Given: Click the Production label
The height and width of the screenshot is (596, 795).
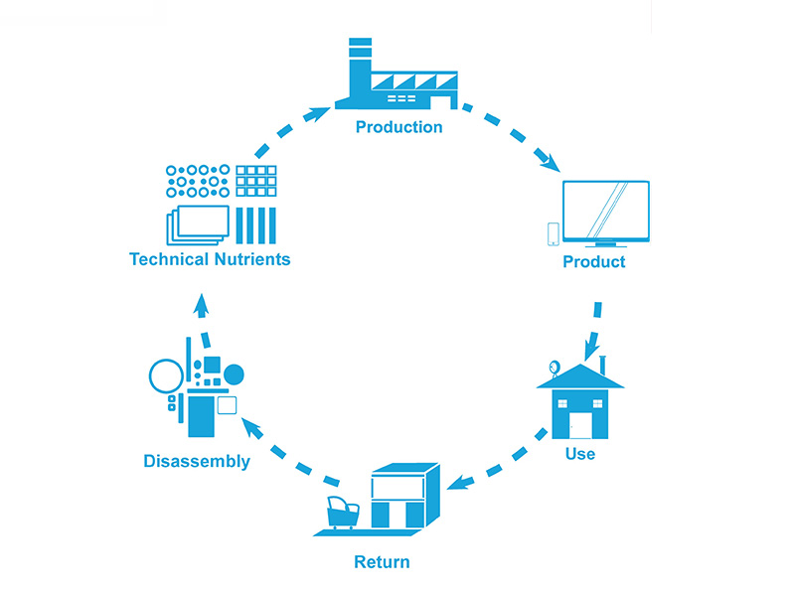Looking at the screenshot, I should click(398, 127).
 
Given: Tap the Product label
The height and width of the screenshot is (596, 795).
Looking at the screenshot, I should click(594, 262).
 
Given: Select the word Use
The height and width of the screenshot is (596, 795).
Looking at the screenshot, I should click(579, 454).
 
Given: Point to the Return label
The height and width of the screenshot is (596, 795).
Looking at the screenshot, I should click(382, 562).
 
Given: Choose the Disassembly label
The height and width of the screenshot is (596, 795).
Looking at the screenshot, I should click(197, 461).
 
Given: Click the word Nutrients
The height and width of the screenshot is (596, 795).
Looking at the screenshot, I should click(252, 259).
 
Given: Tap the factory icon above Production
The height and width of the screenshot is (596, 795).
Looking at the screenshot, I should click(397, 79).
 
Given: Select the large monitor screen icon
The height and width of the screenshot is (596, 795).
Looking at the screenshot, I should click(605, 211).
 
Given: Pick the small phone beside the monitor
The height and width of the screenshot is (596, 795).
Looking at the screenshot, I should click(554, 232).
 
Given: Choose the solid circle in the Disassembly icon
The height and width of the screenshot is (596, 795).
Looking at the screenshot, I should click(234, 374).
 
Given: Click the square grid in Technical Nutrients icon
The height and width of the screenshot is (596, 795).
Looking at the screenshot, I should click(255, 183).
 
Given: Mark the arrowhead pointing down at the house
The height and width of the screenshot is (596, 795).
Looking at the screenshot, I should click(593, 349).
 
